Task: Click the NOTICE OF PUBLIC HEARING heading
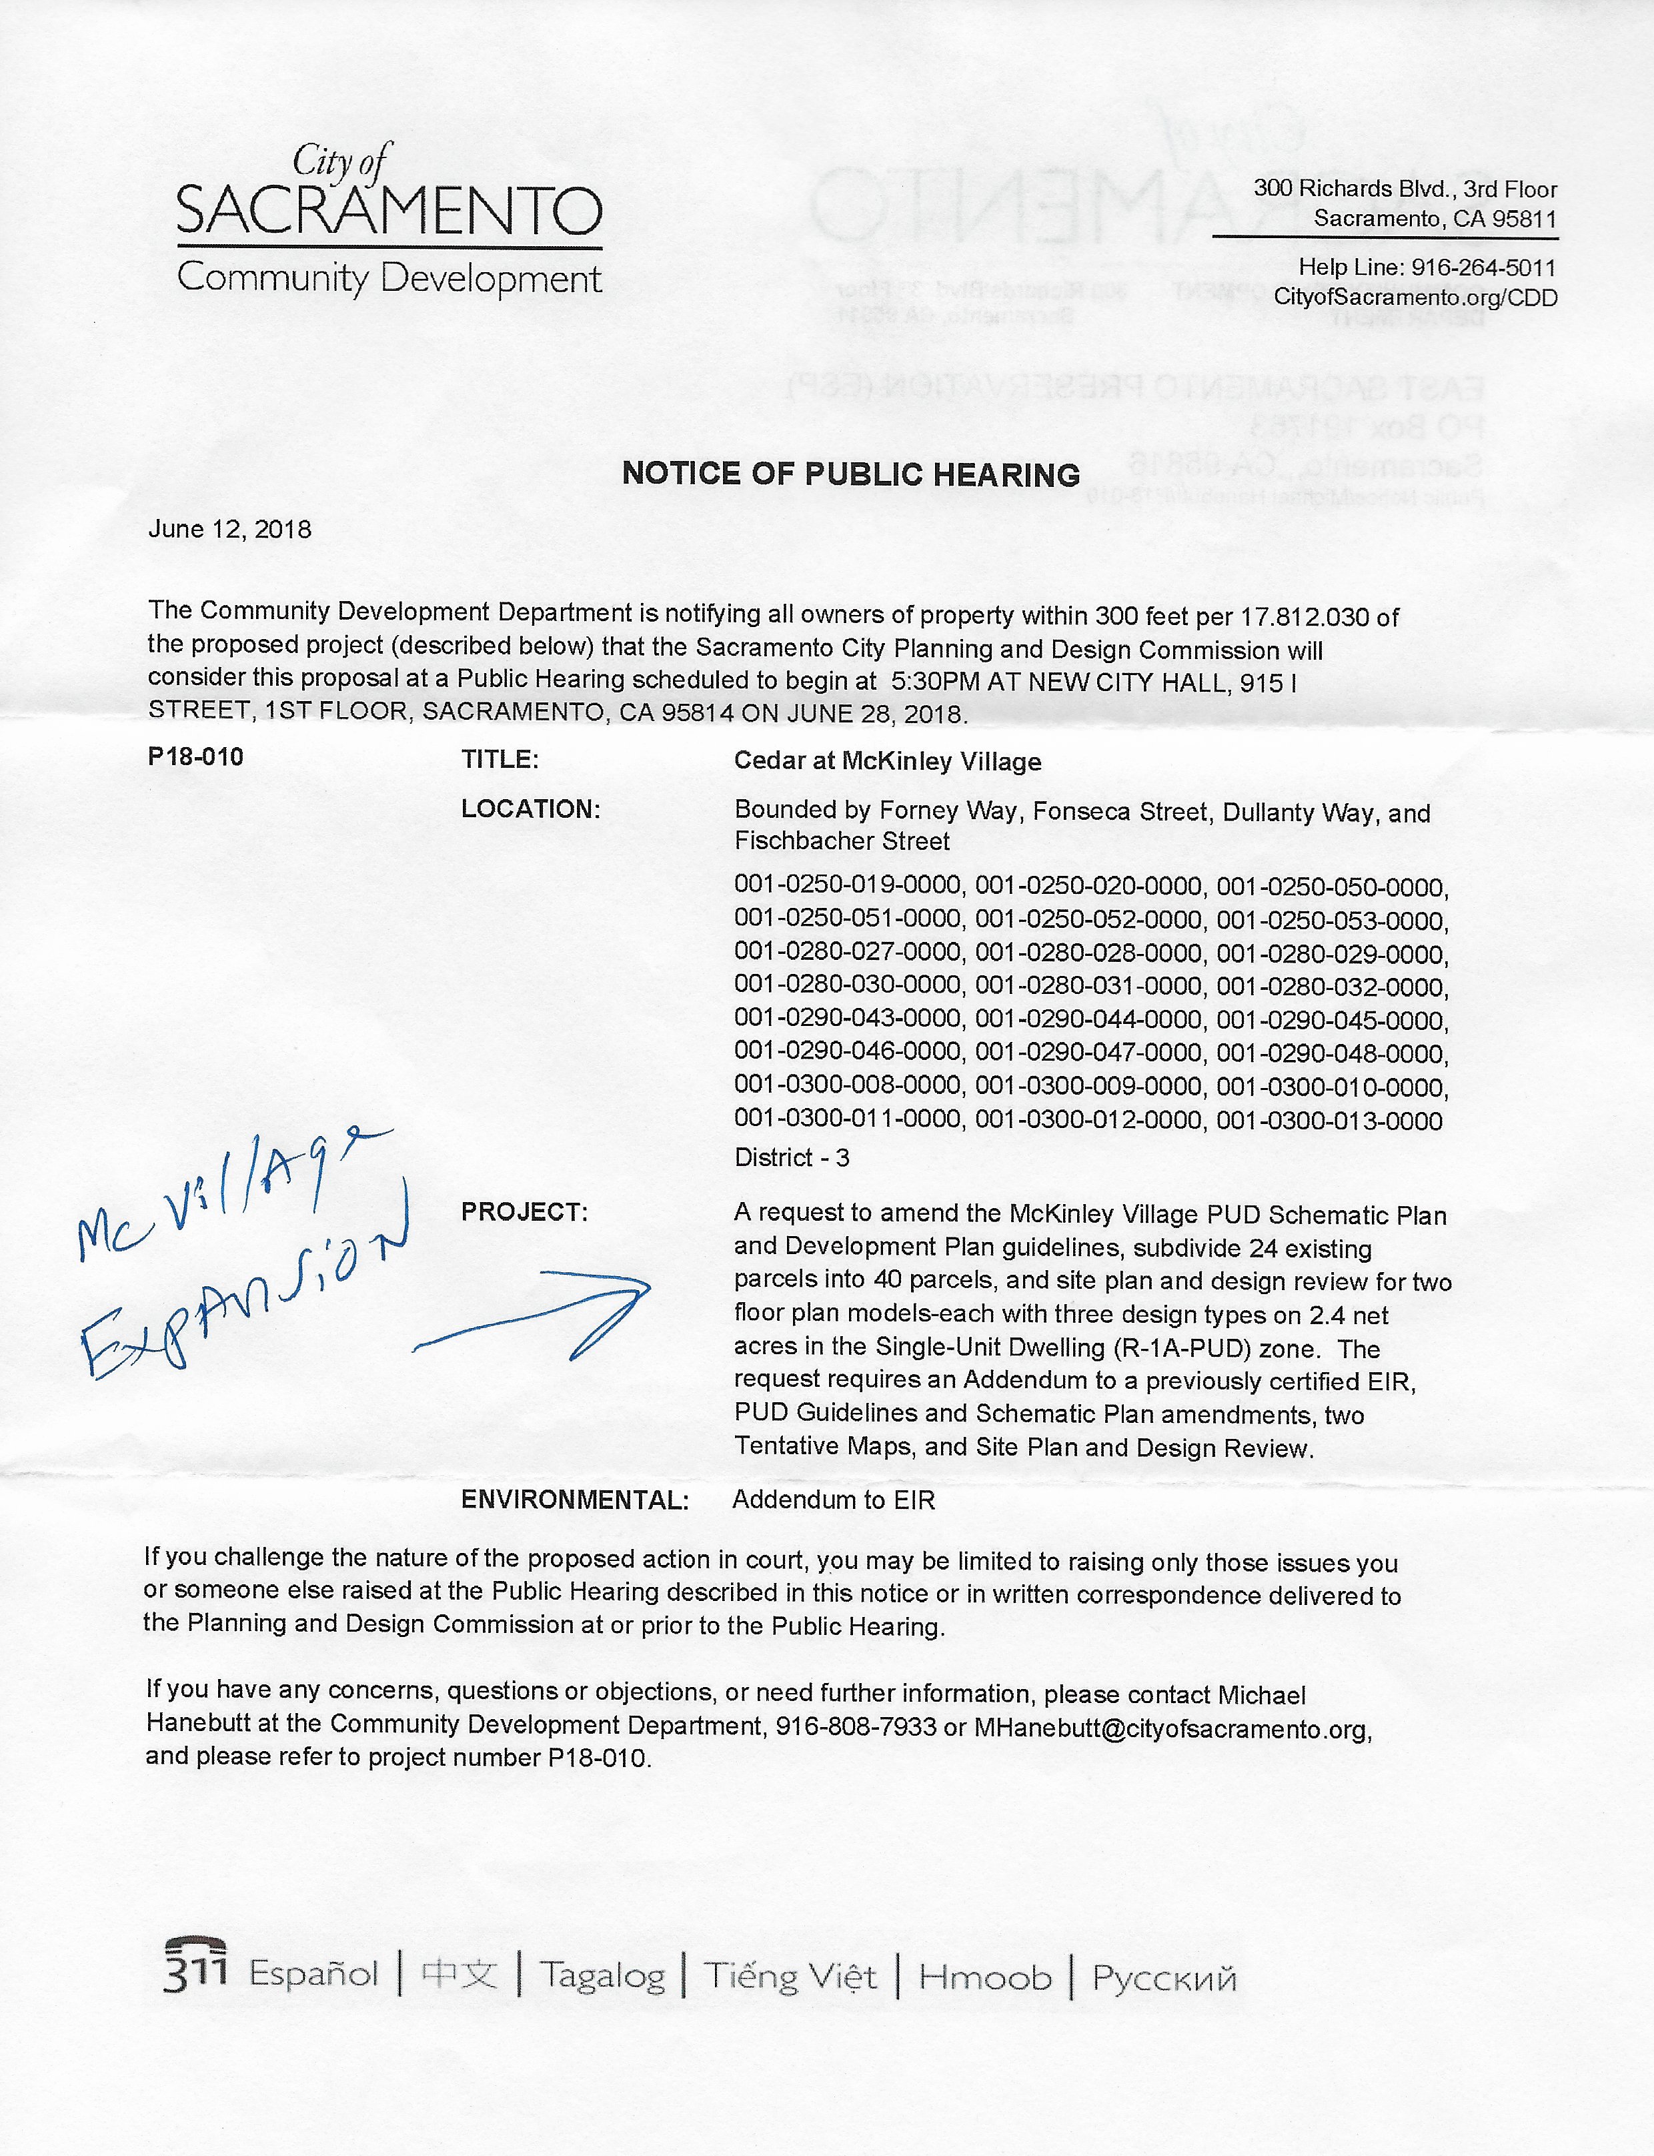tap(850, 474)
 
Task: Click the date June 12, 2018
tap(229, 530)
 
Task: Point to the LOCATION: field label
tap(530, 809)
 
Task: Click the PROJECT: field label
tap(524, 1213)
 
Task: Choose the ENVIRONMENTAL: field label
tap(574, 1500)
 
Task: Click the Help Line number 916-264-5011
tap(1484, 267)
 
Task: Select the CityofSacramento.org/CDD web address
tap(1415, 298)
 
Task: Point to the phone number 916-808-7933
tap(856, 1728)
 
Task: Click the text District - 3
tap(792, 1158)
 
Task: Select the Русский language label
tap(1164, 1977)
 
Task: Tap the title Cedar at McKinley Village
tap(887, 761)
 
